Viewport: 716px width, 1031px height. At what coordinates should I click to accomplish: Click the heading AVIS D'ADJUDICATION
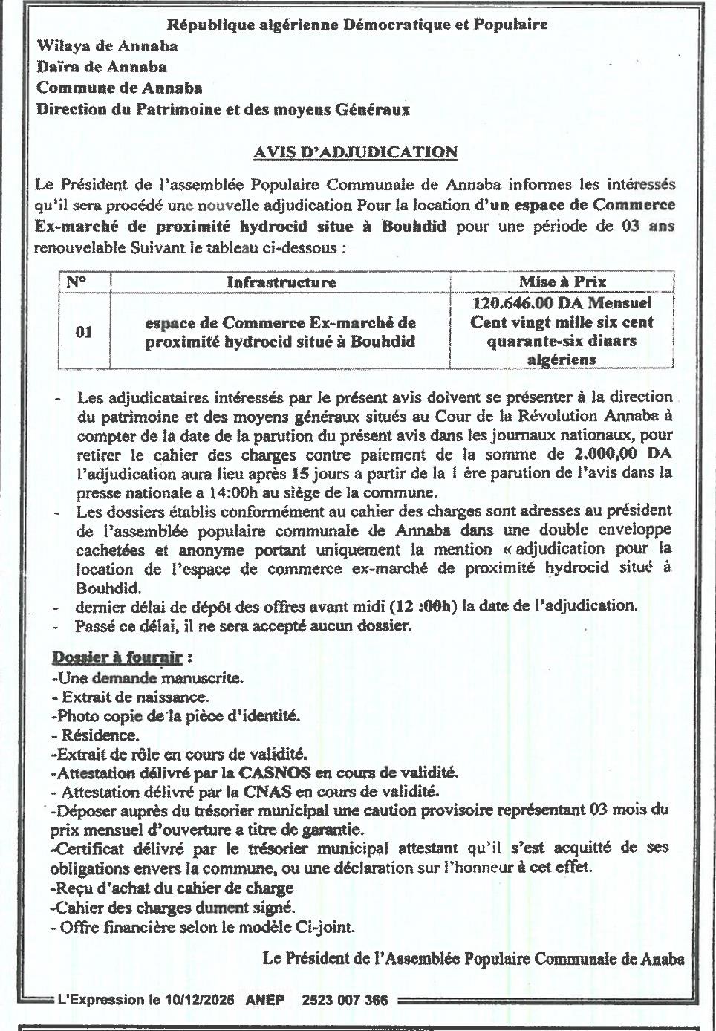point(355,152)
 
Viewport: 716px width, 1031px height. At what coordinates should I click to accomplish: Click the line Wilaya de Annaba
point(107,46)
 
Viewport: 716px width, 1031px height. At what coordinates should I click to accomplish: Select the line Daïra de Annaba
point(102,67)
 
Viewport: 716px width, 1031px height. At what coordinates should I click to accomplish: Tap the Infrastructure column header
point(281,282)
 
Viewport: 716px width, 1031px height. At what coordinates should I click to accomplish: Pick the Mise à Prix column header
point(562,282)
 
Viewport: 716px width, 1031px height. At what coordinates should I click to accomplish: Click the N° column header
point(77,282)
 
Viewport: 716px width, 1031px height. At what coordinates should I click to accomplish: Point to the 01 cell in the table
point(84,331)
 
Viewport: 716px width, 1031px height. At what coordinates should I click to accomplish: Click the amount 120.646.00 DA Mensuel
point(562,303)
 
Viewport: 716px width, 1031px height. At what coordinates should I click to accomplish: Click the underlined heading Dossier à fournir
point(117,657)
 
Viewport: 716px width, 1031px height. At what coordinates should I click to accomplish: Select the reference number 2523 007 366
point(345,1000)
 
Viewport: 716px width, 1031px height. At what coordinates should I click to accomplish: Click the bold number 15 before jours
point(300,472)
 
